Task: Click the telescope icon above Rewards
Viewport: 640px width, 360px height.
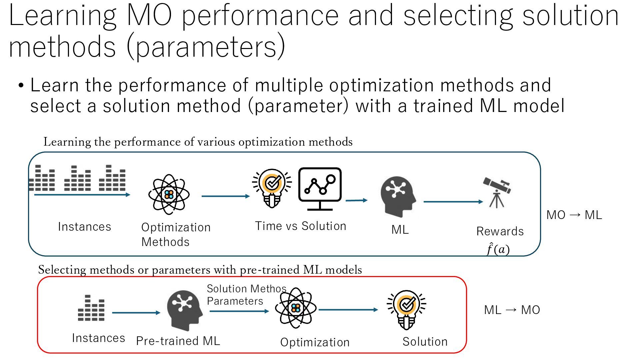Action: [x=497, y=192]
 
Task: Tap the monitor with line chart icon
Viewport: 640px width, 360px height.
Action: [x=320, y=189]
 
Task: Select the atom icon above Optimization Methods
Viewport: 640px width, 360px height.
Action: [x=169, y=194]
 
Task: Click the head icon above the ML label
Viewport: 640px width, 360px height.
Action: [x=398, y=196]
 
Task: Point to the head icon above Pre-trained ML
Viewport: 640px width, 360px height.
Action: [x=184, y=310]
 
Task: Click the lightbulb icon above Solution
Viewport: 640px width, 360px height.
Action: [x=407, y=309]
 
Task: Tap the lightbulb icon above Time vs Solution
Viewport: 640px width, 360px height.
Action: [x=272, y=188]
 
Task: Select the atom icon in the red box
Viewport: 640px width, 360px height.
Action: [x=296, y=308]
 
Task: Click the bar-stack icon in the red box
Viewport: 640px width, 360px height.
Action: [x=91, y=308]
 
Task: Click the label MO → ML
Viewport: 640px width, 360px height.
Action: [x=574, y=215]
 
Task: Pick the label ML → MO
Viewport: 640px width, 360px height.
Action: [x=512, y=310]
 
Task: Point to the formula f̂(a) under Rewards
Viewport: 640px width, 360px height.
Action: [x=498, y=249]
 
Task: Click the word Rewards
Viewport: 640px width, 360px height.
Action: [x=500, y=231]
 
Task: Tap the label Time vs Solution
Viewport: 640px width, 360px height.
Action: [x=300, y=226]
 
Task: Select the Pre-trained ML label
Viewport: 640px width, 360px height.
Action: [x=178, y=341]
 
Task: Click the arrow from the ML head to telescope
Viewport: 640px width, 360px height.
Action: [x=453, y=202]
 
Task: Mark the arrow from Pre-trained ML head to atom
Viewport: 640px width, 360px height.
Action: [x=239, y=311]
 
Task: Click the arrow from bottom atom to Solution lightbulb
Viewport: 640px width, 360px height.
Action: [x=348, y=310]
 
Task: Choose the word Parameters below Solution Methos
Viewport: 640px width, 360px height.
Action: [x=235, y=301]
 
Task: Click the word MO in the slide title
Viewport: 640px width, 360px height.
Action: [x=149, y=16]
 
